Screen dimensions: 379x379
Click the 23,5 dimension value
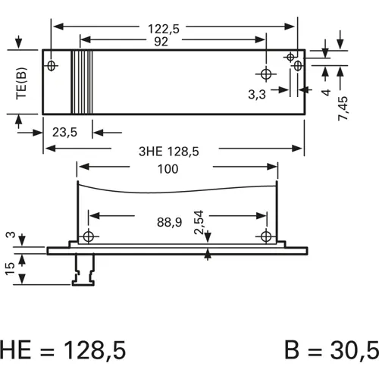66,132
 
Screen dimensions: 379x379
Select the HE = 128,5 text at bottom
62,349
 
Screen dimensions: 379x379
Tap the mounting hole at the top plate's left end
52,65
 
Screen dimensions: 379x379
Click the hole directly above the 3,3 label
266,74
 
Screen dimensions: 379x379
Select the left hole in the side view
89,236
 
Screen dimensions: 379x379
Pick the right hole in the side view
265,236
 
